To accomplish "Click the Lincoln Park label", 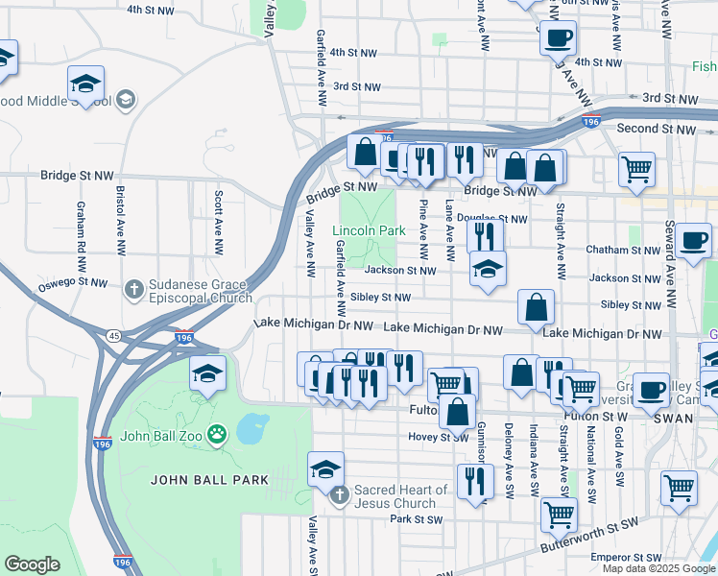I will coord(369,231).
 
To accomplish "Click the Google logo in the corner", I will coord(32,564).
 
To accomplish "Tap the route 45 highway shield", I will coord(113,336).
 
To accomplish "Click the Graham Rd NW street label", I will coord(80,229).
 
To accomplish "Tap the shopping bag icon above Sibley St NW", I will coord(537,307).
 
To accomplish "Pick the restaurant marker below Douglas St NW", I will coord(486,235).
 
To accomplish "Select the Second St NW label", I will coord(657,129).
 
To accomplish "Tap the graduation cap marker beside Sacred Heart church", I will coord(325,469).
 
